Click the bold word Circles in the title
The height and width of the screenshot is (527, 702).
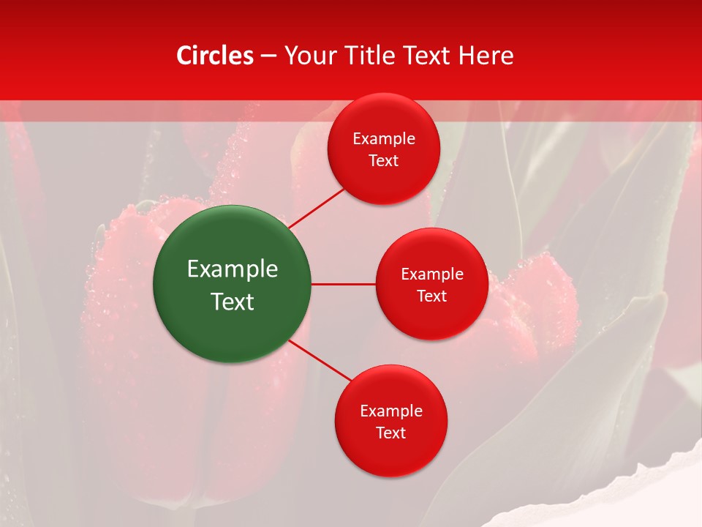click(x=215, y=56)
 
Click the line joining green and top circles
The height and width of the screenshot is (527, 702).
click(x=316, y=208)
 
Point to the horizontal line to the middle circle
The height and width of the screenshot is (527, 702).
click(x=343, y=284)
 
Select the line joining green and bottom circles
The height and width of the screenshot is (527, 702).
click(x=321, y=361)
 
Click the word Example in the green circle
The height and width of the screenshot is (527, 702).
click(x=233, y=269)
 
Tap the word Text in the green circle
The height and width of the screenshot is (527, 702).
click(x=233, y=302)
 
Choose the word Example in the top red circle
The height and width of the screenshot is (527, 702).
click(x=384, y=139)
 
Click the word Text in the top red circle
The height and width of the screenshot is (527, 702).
click(x=384, y=161)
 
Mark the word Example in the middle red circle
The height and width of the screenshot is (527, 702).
click(x=432, y=274)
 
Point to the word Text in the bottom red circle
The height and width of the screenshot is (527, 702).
click(x=391, y=433)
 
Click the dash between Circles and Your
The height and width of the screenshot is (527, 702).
click(x=268, y=56)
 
